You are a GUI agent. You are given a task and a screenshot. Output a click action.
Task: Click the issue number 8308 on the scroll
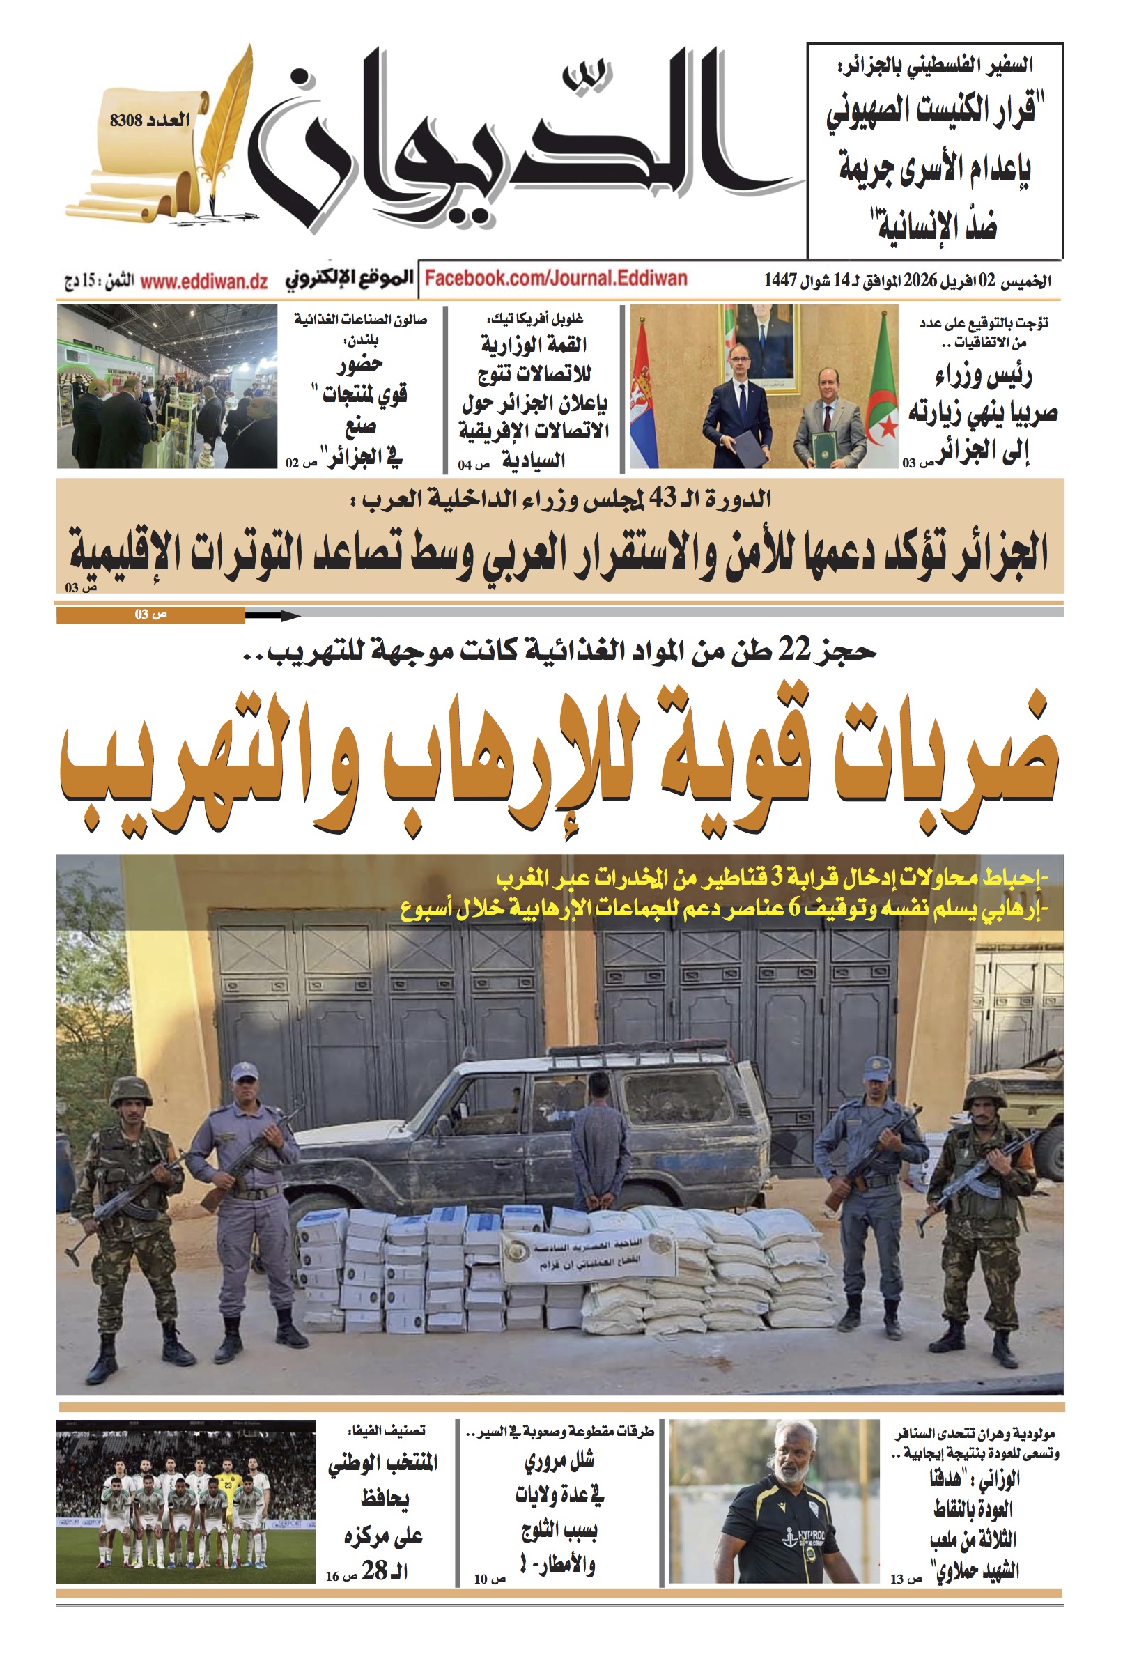pyautogui.click(x=126, y=120)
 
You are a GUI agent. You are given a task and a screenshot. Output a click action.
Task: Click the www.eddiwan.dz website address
pyautogui.click(x=203, y=281)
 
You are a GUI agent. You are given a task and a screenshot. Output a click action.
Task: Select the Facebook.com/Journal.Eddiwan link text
pyautogui.click(x=556, y=278)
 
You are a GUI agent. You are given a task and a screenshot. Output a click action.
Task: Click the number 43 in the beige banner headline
pyautogui.click(x=661, y=499)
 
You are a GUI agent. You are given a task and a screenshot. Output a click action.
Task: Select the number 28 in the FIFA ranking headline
pyautogui.click(x=375, y=1570)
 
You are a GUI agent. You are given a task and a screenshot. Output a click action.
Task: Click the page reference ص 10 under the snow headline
pyautogui.click(x=489, y=1579)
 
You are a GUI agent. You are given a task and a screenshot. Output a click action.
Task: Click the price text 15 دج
pyautogui.click(x=81, y=281)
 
